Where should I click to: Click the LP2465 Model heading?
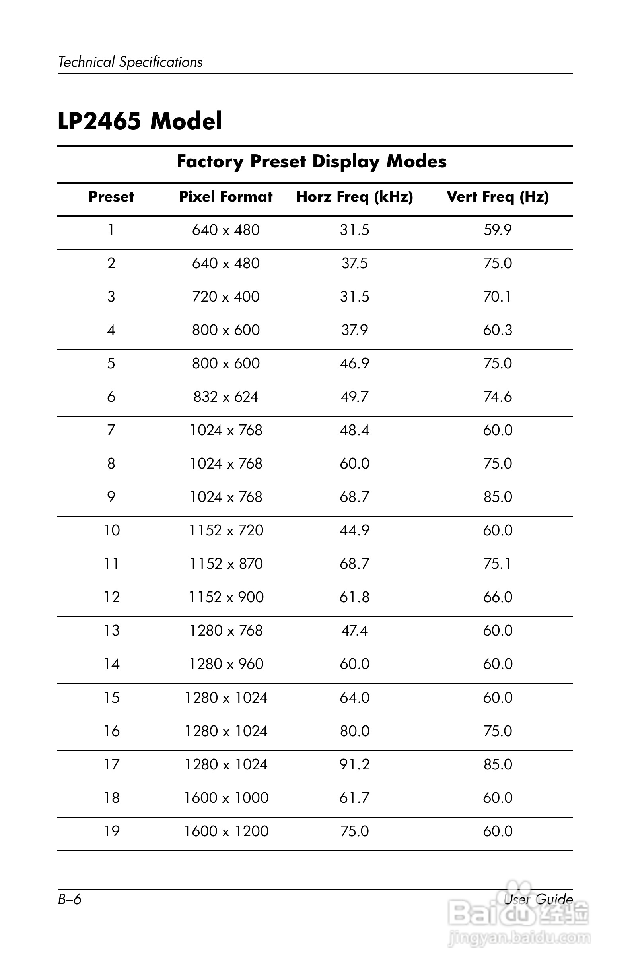[x=140, y=121]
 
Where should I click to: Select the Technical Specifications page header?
[x=130, y=62]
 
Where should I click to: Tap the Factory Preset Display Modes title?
[x=311, y=161]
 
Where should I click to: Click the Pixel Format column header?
[x=226, y=197]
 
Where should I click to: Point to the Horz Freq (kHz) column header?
[x=354, y=197]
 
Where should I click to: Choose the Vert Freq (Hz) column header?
[x=498, y=197]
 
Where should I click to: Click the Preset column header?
[x=111, y=197]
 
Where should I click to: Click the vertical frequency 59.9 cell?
[x=498, y=230]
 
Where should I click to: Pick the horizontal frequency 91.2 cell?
[x=354, y=764]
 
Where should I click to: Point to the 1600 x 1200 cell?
[x=226, y=831]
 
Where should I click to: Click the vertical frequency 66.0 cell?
[x=498, y=597]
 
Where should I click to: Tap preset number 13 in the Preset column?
[x=111, y=630]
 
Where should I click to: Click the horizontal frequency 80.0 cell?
[x=354, y=731]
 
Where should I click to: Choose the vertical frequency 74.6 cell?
[x=498, y=397]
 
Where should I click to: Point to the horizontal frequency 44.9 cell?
[x=354, y=530]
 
